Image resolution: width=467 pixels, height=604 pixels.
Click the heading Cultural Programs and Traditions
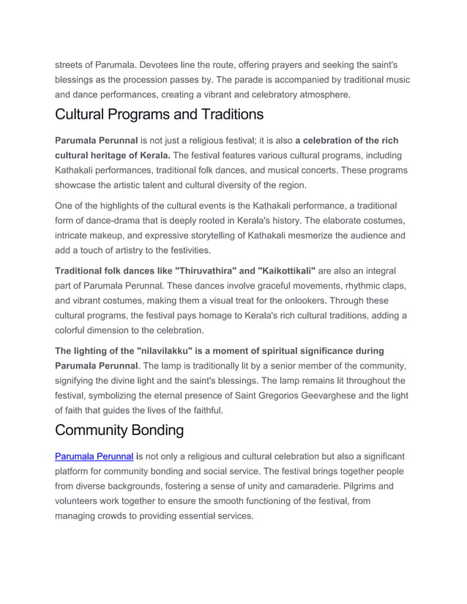[159, 115]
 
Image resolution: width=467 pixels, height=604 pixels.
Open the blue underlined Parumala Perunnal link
[94, 456]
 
